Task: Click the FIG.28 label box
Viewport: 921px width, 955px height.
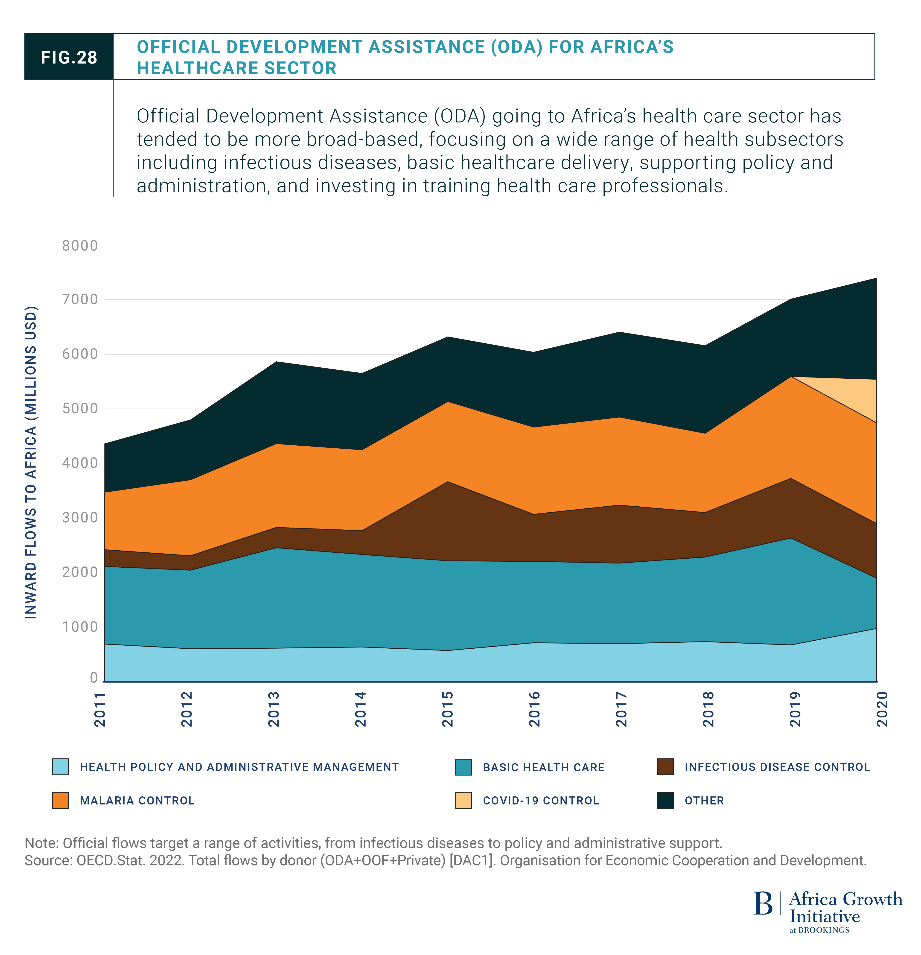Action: (69, 57)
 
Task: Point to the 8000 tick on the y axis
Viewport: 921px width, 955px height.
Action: (80, 246)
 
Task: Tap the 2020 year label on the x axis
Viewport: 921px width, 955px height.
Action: (882, 709)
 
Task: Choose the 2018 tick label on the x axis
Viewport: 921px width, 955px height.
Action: (708, 709)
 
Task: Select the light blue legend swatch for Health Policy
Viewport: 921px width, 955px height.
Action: (60, 767)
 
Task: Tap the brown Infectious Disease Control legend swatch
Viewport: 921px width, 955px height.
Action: (665, 767)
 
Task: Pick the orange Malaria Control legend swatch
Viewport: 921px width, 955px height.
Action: (60, 801)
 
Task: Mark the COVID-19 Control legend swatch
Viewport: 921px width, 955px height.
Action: (463, 801)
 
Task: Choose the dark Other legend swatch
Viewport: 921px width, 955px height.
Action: (665, 801)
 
